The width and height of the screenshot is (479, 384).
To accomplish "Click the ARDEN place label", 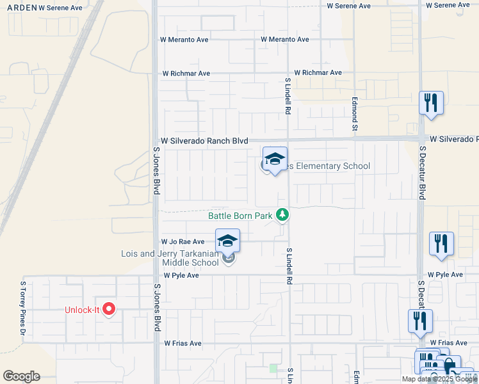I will pos(21,8).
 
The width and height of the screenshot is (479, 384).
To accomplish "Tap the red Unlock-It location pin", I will pos(109,309).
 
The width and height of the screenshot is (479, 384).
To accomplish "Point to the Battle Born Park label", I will pos(241,216).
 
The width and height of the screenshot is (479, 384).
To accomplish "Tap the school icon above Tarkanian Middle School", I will pos(227,241).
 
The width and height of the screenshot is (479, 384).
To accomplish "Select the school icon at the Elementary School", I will pos(275,159).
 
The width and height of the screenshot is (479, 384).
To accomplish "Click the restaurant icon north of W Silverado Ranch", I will pos(431,103).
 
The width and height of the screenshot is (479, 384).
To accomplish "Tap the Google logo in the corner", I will pos(21,376).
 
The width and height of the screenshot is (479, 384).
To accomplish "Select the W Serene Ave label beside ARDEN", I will pos(61,8).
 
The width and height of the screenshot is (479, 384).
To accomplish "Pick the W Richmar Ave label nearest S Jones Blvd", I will pos(186,74).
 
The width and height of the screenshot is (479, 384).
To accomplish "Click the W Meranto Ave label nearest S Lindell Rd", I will pos(285,40).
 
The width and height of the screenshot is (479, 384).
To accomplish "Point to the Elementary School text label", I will pos(327,166).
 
